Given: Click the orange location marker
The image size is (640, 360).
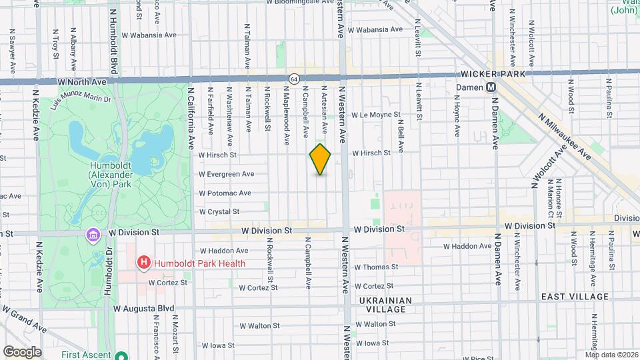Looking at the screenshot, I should pos(320,159).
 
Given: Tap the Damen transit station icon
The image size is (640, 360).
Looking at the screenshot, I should pos(490,87).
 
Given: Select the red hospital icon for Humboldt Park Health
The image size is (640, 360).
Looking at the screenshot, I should pos(143,263).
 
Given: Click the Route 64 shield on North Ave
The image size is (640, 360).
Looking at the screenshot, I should pos(293,79).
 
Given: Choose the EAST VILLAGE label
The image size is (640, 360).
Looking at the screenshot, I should pos(575,297).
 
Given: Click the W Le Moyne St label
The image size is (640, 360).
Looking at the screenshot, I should pos(376,115).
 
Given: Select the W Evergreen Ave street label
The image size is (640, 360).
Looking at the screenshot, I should pos(226,174).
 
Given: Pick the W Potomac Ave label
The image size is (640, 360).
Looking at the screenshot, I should pos(225,193).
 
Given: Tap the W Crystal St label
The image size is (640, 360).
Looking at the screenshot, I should pos(219,211).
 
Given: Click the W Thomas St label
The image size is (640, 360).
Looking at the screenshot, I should pos(376,267).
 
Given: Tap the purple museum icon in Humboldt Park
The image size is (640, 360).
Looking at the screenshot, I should pos(92,235).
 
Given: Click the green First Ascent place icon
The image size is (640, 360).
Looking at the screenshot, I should pos(121,355).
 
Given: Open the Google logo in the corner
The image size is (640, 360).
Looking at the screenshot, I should pos(22,352).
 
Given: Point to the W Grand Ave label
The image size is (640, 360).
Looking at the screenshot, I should pos(23,319).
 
